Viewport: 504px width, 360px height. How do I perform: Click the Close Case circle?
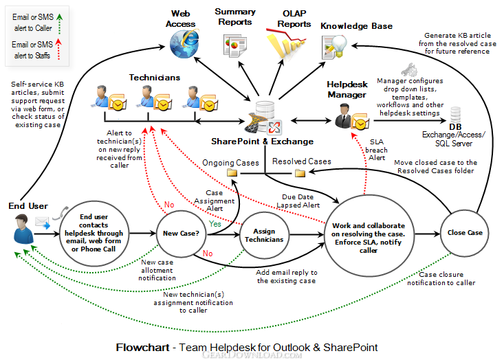point(465,233)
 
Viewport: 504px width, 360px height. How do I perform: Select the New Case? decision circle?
point(182,233)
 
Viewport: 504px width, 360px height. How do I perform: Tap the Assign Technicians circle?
point(264,235)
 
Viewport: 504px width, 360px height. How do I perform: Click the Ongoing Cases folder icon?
point(232,174)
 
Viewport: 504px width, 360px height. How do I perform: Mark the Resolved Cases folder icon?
point(300,174)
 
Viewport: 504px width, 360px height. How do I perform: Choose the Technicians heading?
point(153,78)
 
